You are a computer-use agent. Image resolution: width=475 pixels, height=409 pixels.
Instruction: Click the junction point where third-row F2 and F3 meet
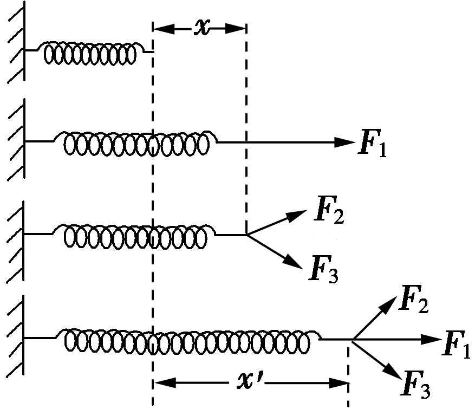[247, 235]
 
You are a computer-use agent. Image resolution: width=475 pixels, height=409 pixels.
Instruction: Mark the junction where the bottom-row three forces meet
[353, 340]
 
